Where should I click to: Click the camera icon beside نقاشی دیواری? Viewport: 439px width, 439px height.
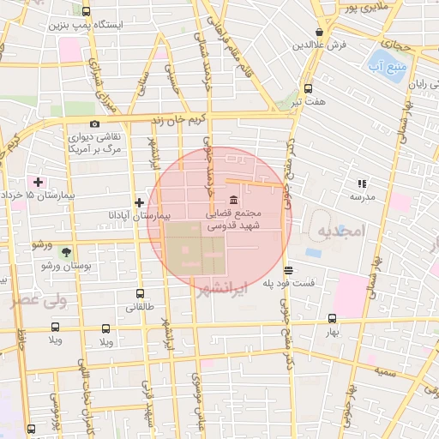click(94, 124)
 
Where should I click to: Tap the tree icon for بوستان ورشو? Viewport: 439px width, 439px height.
click(67, 252)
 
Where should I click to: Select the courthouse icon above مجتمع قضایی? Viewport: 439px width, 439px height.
click(234, 200)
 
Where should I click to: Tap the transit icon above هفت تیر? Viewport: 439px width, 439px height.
click(307, 87)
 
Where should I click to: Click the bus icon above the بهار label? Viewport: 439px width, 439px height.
click(332, 318)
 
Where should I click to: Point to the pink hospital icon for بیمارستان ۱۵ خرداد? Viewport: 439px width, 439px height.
click(37, 182)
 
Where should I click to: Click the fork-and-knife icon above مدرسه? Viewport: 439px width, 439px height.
click(361, 183)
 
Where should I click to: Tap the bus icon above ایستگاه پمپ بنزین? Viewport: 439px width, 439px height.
click(86, 12)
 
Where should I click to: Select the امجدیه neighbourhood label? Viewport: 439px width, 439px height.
click(340, 231)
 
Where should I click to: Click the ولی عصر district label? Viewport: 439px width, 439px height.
click(38, 301)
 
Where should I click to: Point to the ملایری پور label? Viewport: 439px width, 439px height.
click(366, 8)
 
